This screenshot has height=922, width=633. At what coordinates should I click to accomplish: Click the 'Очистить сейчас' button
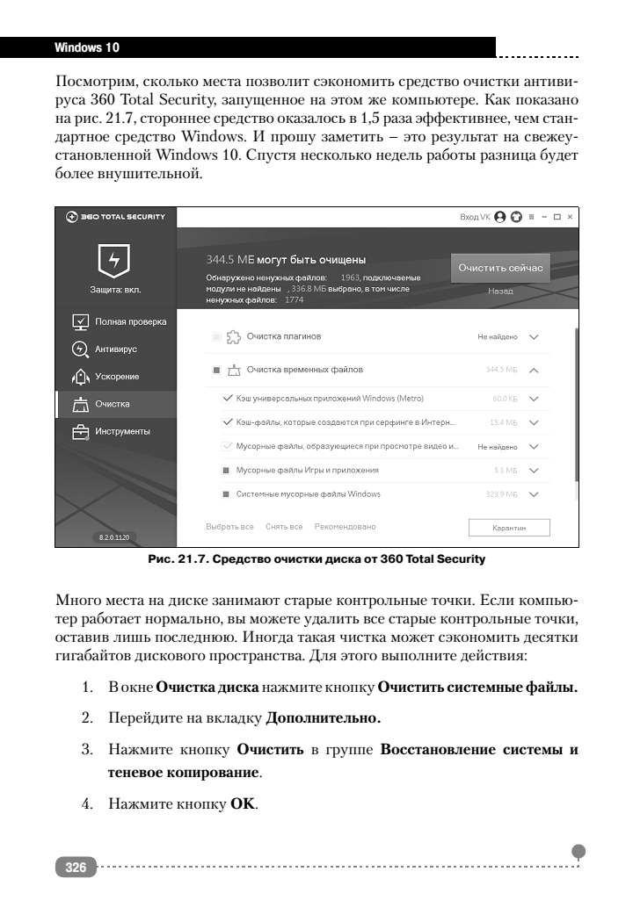pos(500,268)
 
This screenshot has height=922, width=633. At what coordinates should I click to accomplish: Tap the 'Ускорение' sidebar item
pos(116,377)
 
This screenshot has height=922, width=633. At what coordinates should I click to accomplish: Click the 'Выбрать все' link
pos(229,527)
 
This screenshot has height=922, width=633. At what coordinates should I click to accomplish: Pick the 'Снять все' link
pos(284,527)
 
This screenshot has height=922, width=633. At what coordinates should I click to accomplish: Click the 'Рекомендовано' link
pos(345,527)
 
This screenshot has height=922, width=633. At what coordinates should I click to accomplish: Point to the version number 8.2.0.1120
pos(115,536)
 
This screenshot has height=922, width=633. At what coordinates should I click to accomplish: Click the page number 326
pos(76,868)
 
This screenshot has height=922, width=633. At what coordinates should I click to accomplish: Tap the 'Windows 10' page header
pos(87,45)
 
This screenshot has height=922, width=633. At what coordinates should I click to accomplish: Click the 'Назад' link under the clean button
pos(500,291)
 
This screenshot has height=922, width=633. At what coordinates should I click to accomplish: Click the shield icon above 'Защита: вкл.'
pos(115,261)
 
